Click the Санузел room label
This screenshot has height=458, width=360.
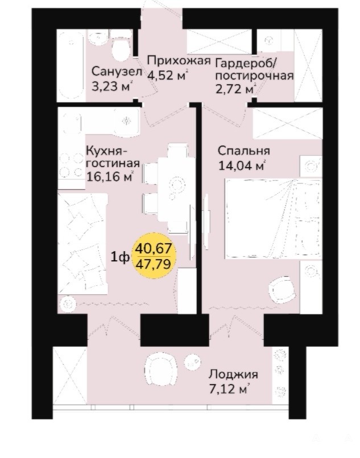117,71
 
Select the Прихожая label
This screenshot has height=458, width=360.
179,61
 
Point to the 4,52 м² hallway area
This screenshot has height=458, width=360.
167,75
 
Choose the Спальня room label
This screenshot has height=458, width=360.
243,151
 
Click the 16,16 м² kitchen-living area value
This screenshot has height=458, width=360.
110,176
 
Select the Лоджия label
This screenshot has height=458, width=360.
233,374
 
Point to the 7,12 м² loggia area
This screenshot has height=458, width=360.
229,389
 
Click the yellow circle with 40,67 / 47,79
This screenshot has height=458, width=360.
156,256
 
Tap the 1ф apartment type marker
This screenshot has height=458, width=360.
120,257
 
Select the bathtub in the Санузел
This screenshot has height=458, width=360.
71,65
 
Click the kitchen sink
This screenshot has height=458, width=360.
127,121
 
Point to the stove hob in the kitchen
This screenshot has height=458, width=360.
71,166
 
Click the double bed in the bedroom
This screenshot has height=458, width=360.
273,219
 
